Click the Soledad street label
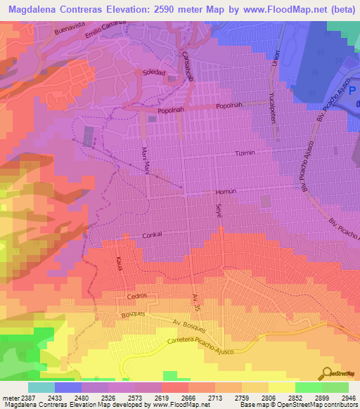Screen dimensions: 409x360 [154, 72]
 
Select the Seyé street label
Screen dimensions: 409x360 [218, 209]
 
